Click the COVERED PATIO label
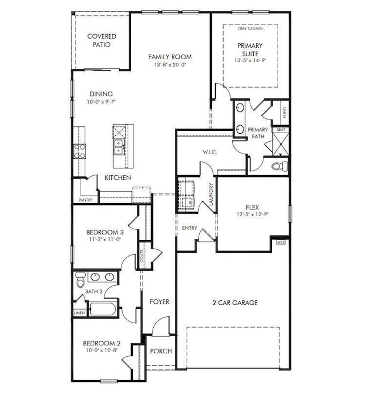tap(102, 40)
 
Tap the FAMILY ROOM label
tap(170, 57)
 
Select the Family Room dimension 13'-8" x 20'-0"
tap(170, 65)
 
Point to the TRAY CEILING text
tap(250, 28)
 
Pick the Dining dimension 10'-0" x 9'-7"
tap(100, 102)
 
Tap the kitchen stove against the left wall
tap(79, 151)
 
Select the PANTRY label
tap(85, 200)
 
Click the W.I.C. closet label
tap(195, 152)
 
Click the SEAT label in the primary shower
tap(280, 130)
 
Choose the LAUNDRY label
tap(210, 193)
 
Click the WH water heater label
tap(280, 242)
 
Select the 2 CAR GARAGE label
tap(232, 303)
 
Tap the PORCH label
tap(161, 351)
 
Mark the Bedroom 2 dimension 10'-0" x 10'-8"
tap(102, 350)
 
